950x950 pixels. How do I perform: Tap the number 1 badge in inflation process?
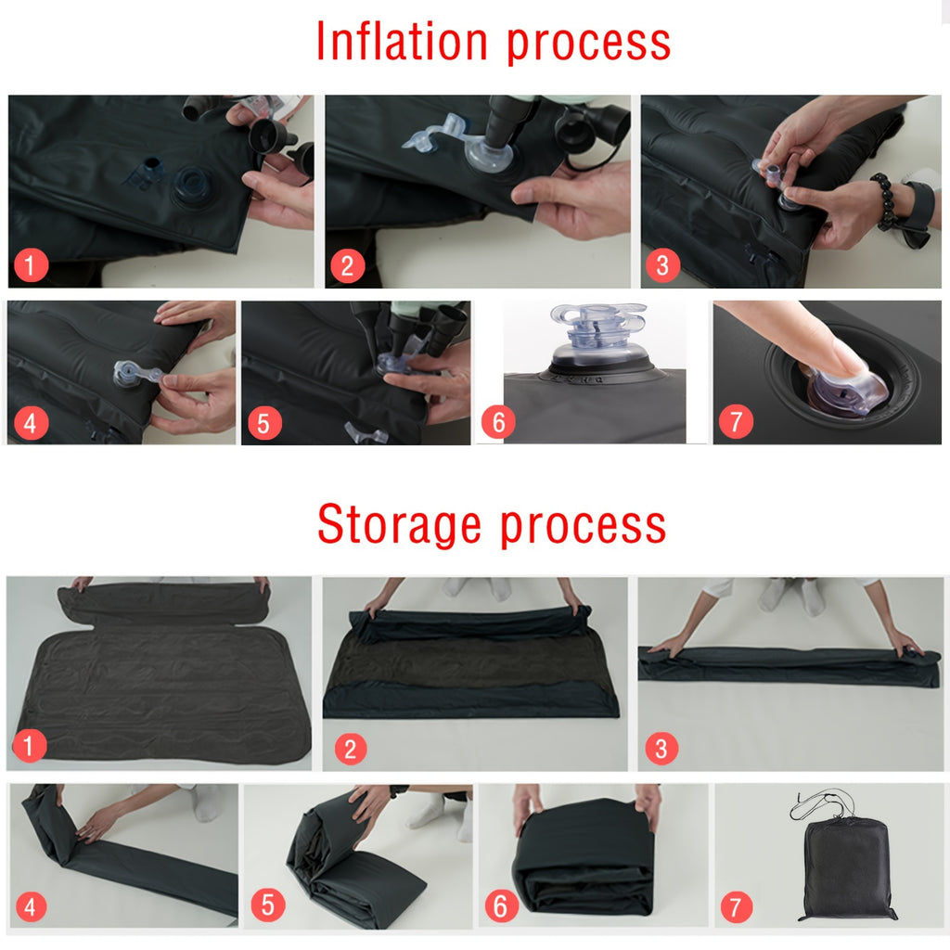[x=31, y=266]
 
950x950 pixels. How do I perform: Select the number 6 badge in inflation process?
[x=498, y=423]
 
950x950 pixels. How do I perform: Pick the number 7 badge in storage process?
[x=736, y=906]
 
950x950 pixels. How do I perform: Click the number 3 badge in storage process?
[x=661, y=748]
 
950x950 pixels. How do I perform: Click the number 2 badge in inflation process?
[x=347, y=266]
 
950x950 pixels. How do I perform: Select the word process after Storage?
[x=583, y=525]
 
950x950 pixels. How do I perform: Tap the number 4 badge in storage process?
[x=31, y=906]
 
